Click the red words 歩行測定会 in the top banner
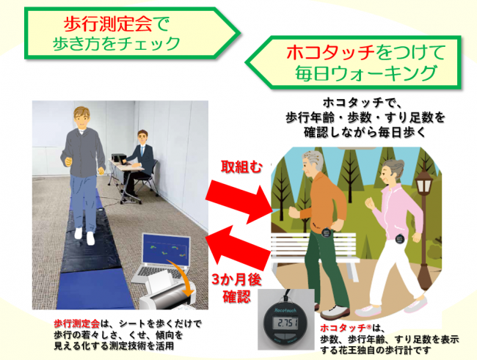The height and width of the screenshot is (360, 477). (x=108, y=24)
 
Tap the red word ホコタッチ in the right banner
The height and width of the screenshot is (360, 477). (x=331, y=53)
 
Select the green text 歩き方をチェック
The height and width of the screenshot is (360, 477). (x=117, y=43)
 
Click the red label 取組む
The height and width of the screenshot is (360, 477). (x=241, y=166)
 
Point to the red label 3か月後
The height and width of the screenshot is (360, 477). (x=236, y=280)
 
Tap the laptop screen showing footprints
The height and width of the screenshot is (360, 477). (x=167, y=249)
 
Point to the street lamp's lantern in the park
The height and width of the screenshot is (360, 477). (x=424, y=182)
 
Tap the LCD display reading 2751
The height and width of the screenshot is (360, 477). (x=285, y=323)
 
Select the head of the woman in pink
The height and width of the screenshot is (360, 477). (x=393, y=172)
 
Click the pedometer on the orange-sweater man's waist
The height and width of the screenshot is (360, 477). (x=327, y=233)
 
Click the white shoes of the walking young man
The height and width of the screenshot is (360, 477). (x=84, y=235)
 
